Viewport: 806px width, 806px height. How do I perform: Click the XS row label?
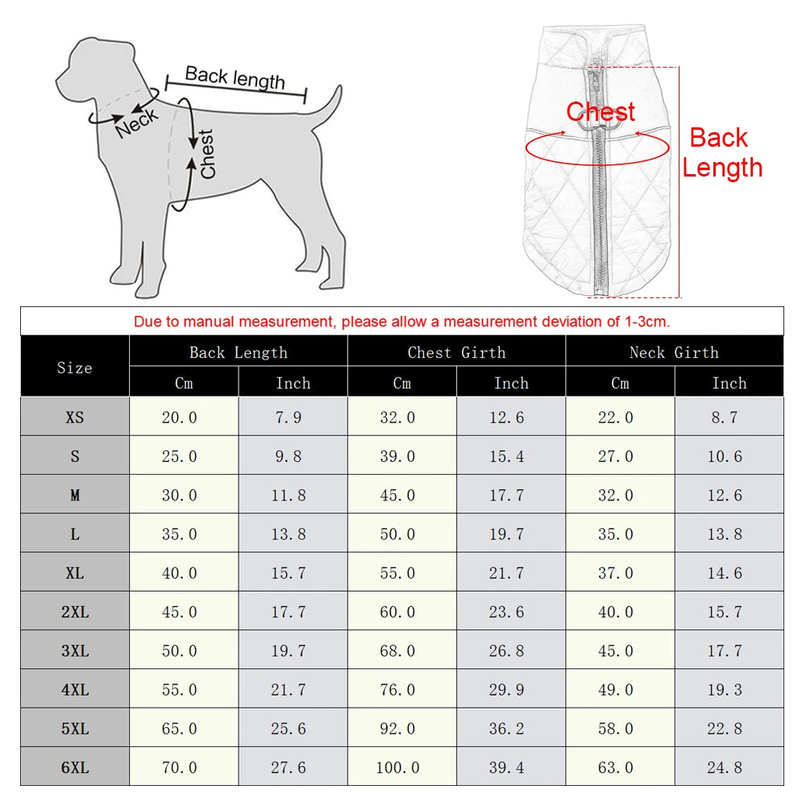coord(75,418)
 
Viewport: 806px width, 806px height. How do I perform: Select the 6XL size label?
coord(75,767)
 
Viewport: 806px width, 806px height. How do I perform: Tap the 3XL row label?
coord(75,650)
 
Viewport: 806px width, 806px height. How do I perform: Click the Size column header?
coord(75,368)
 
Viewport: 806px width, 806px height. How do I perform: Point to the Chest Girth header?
coord(456,352)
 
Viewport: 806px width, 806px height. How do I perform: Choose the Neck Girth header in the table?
coord(674,352)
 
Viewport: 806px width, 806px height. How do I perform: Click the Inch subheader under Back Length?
coord(293,383)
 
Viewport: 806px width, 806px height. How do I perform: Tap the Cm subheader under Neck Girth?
coord(620,383)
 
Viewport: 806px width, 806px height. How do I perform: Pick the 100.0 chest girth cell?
coord(397,767)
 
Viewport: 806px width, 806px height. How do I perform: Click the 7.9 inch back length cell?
coord(288,418)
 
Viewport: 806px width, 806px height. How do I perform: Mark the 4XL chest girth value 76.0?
coord(397,690)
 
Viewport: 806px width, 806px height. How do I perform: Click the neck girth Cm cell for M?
coord(616,495)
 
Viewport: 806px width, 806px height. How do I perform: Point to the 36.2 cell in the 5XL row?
coord(506,729)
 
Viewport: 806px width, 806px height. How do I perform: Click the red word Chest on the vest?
coord(600,111)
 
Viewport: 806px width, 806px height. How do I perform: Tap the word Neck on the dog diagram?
coord(136,123)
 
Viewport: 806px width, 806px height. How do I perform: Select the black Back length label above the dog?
coord(235,77)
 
